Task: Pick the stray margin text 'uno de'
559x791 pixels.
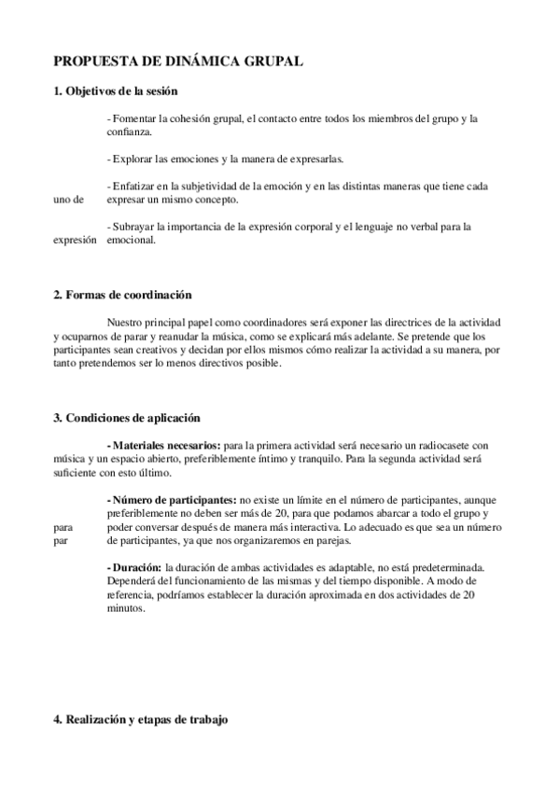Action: tap(68, 200)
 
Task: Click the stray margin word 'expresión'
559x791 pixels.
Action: tap(75, 239)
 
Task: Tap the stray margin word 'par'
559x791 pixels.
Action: tap(61, 540)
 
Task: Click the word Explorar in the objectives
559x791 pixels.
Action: tap(133, 159)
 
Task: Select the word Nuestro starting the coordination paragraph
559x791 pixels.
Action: tap(128, 323)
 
